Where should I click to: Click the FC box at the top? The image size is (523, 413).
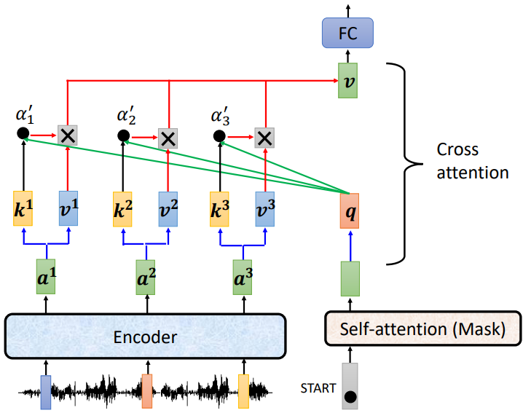(347, 34)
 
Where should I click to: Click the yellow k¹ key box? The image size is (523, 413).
(24, 207)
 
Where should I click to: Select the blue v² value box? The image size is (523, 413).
(169, 207)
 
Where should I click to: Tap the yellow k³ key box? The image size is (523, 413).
(219, 207)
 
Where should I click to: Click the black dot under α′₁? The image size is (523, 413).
(23, 134)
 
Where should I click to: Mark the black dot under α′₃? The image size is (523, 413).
(219, 136)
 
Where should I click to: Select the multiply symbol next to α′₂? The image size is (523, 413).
(168, 137)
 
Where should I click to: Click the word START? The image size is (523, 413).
(318, 388)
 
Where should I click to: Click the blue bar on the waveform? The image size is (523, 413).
(46, 392)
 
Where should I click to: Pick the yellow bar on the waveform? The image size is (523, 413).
(243, 390)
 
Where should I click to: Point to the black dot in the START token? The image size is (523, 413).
(350, 398)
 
